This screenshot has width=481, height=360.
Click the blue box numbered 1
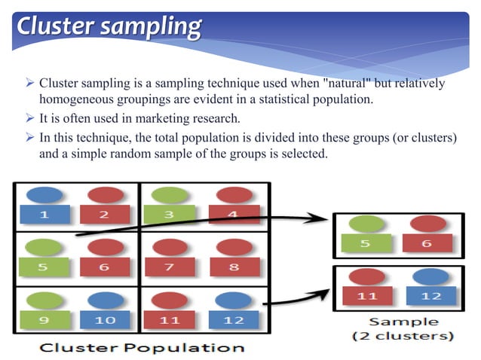(x=44, y=215)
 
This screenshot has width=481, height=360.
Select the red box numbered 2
(x=105, y=215)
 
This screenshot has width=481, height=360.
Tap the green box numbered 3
(x=170, y=215)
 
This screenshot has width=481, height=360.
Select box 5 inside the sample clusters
(x=366, y=243)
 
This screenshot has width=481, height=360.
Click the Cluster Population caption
(x=142, y=347)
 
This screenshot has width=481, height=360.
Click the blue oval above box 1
(x=44, y=194)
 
